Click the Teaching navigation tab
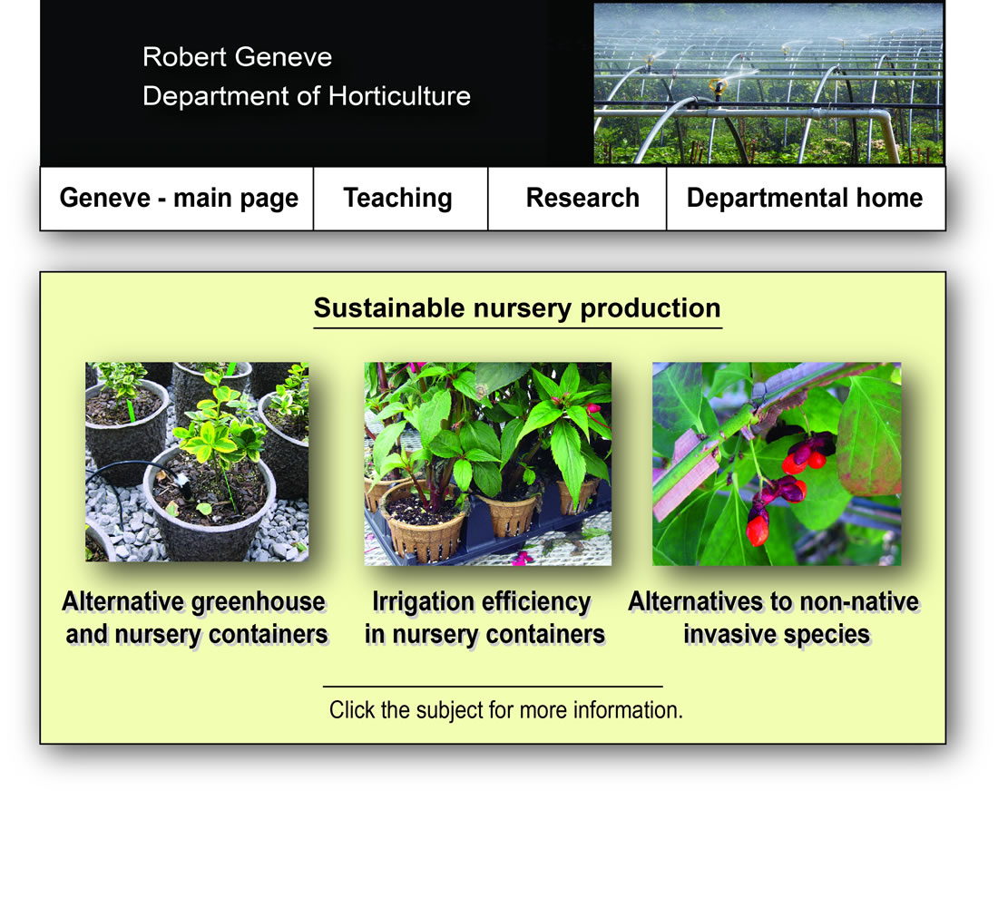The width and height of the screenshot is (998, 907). [x=400, y=199]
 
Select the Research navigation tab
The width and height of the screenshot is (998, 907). [x=577, y=199]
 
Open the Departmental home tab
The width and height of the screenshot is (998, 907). [x=806, y=199]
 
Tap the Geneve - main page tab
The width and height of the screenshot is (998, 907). [x=177, y=199]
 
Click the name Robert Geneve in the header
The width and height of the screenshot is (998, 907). [x=238, y=56]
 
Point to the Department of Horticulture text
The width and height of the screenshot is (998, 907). [x=307, y=96]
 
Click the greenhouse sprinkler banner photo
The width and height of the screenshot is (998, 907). [x=768, y=83]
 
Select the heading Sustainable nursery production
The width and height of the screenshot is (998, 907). [x=517, y=308]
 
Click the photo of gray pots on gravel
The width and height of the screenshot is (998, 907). [x=197, y=462]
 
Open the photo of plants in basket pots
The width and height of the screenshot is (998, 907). [x=487, y=464]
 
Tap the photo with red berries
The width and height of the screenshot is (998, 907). [x=777, y=464]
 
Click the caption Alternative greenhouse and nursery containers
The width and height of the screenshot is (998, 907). [x=196, y=618]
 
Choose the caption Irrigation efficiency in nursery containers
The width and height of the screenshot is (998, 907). [x=484, y=618]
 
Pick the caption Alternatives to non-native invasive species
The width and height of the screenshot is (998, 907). [x=774, y=618]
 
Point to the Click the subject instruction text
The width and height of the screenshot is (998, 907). [x=506, y=710]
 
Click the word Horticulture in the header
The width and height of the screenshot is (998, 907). [x=400, y=96]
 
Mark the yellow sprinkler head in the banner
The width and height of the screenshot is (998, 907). [x=719, y=87]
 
